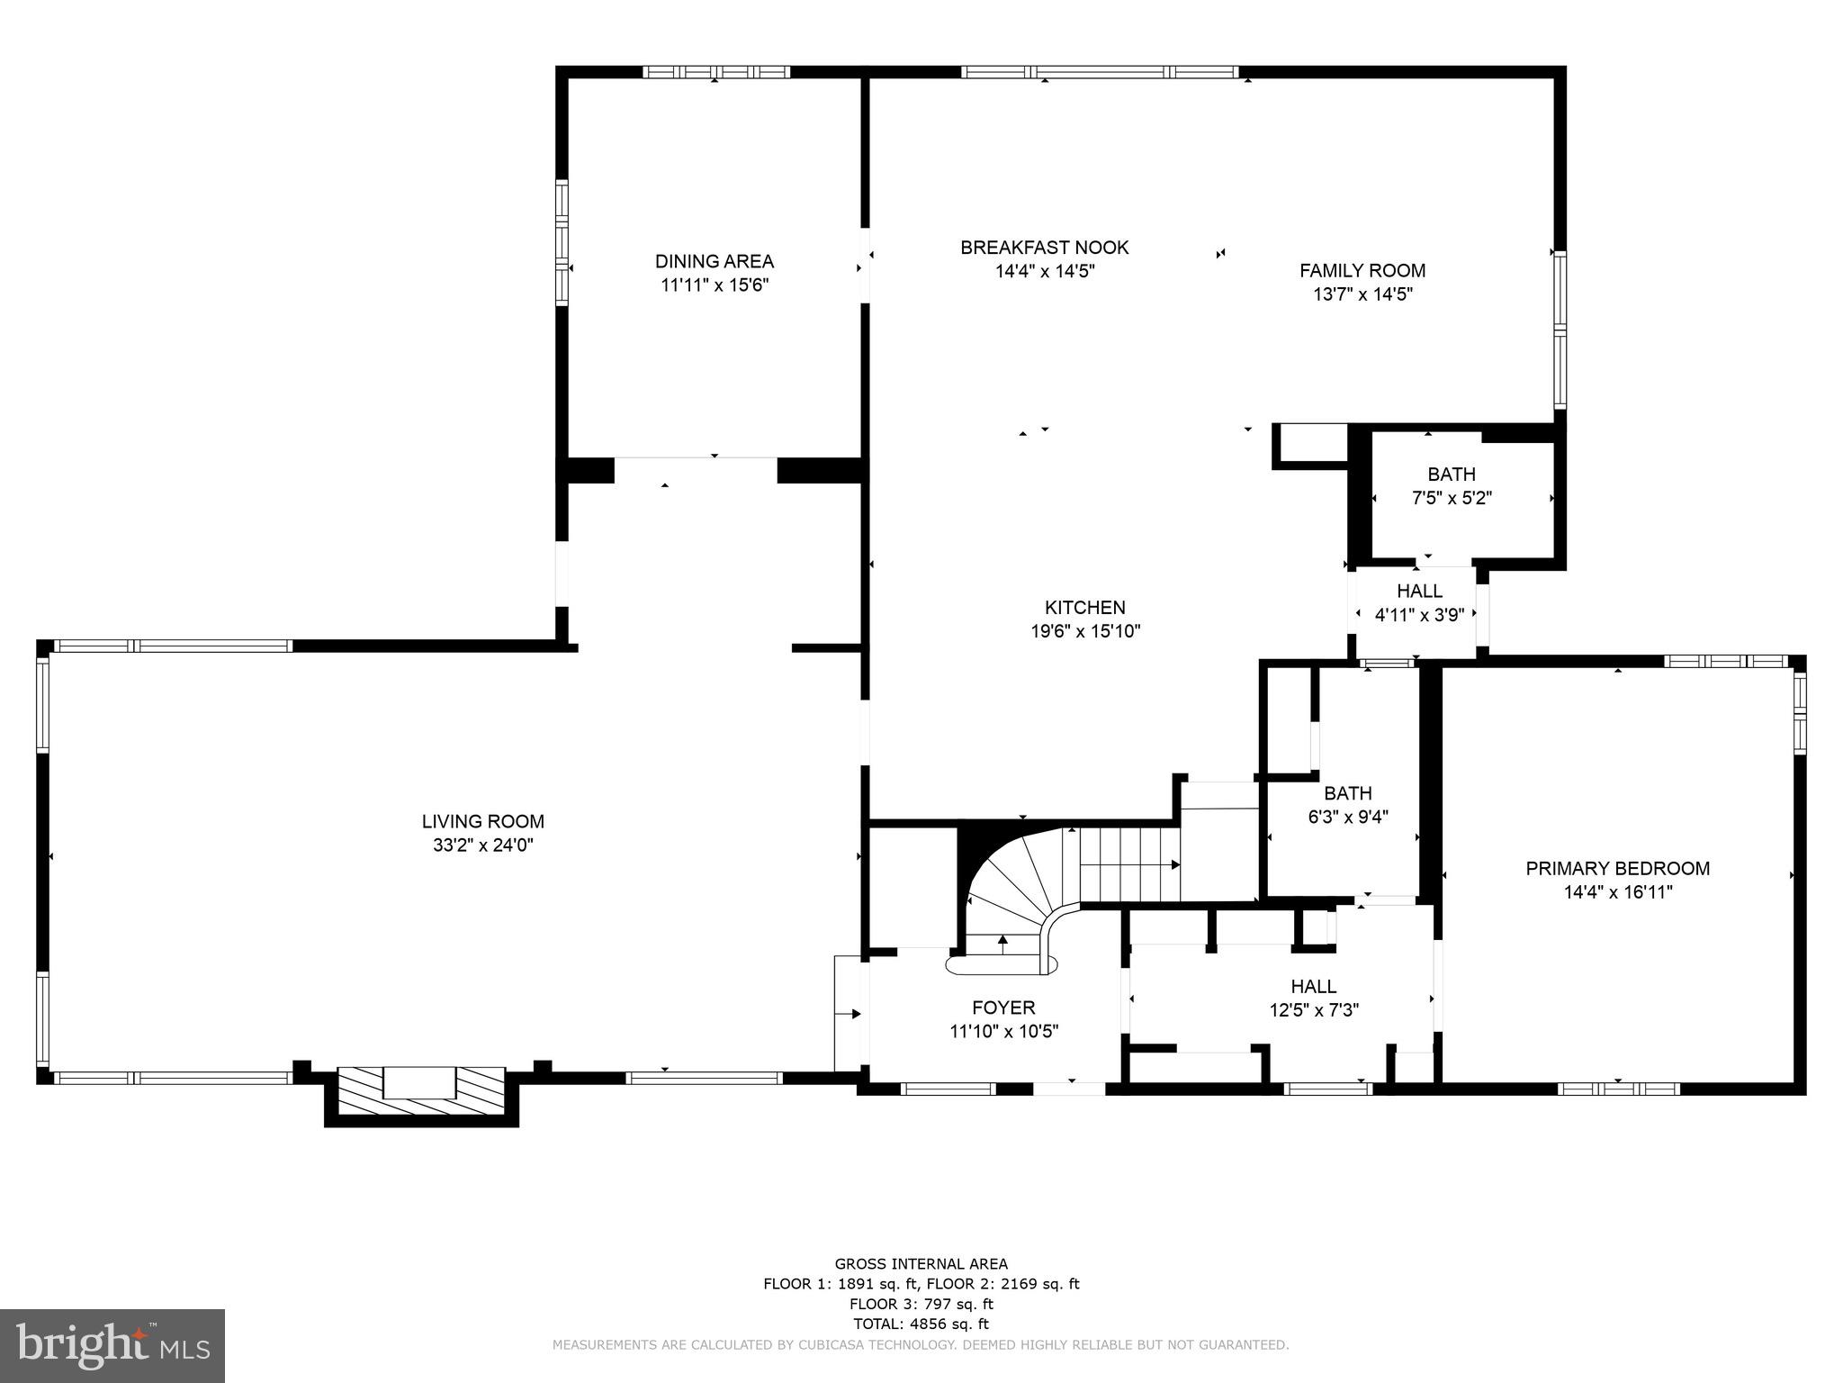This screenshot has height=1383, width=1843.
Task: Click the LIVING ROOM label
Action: tap(483, 821)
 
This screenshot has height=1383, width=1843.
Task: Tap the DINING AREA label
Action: tap(714, 261)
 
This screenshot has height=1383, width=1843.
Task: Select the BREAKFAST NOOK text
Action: tap(1044, 247)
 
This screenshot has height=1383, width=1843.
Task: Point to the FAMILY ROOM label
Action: tap(1362, 270)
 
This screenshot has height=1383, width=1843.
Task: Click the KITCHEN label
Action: tap(1084, 607)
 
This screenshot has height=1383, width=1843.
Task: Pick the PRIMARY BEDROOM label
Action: tap(1617, 868)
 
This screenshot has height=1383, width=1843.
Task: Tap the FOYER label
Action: tap(1003, 1008)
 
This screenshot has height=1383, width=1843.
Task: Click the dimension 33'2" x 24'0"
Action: tap(483, 845)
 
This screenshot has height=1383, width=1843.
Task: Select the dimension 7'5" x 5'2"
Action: tap(1451, 498)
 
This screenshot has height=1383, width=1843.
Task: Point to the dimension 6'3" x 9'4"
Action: tap(1347, 818)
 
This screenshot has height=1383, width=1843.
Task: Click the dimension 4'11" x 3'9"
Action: tap(1419, 615)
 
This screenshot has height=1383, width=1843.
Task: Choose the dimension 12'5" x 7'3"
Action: tap(1314, 1010)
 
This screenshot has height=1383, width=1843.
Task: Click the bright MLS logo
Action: tap(112, 1345)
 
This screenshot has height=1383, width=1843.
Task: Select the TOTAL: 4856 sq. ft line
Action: tap(921, 1324)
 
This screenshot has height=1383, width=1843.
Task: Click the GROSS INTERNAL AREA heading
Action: tap(921, 1264)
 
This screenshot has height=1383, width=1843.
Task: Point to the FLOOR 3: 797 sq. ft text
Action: tap(921, 1304)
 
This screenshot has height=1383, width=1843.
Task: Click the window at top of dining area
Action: tap(716, 72)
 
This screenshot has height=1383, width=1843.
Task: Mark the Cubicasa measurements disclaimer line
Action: tap(921, 1344)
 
